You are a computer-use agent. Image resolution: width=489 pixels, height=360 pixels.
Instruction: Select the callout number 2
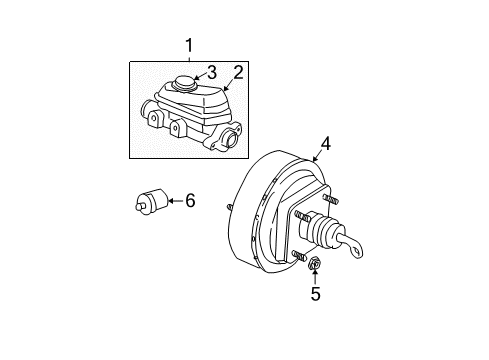[239, 71]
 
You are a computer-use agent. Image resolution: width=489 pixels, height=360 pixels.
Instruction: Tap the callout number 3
[211, 72]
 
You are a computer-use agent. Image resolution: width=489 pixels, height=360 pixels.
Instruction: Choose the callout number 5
[315, 295]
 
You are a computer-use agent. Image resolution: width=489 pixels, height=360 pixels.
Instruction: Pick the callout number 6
[190, 200]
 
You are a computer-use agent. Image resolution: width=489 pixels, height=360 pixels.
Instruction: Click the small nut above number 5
[314, 265]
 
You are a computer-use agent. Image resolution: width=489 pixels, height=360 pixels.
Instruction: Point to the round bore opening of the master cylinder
[230, 140]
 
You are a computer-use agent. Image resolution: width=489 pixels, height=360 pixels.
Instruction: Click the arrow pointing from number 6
[173, 201]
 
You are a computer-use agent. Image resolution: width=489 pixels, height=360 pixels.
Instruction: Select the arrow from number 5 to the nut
[315, 279]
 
